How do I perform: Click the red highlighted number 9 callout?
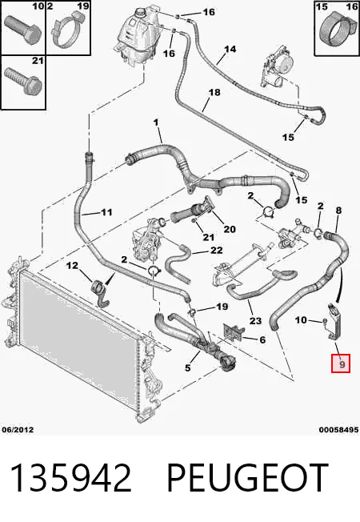point(340,363)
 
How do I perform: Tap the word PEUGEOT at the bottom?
point(247,478)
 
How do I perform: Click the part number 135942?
point(71,478)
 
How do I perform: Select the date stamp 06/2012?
point(18,429)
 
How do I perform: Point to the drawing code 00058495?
point(338,430)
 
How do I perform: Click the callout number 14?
point(230,50)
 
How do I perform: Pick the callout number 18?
point(214,92)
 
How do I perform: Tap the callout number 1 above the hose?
point(156,122)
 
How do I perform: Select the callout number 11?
point(106,212)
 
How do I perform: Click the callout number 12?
point(72,265)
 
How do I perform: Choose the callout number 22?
point(216,250)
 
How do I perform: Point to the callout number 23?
point(255,320)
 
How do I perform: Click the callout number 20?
point(230,229)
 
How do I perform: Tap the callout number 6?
point(262,339)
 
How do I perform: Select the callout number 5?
point(188,367)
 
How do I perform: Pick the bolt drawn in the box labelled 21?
point(22,80)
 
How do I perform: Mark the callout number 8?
point(338,210)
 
